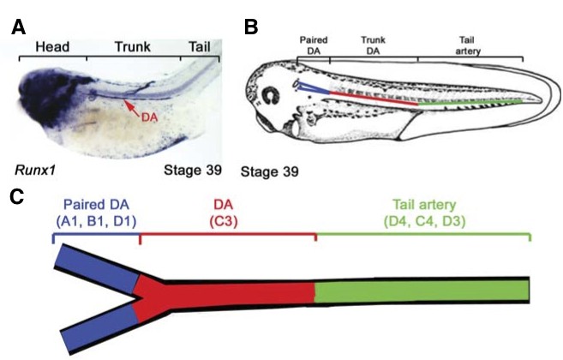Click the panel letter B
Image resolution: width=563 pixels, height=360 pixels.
(251, 28)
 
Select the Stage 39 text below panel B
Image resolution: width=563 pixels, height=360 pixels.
(270, 171)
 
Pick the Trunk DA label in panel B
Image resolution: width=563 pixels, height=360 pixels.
(373, 45)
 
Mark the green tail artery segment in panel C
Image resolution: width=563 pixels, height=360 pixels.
(420, 290)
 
